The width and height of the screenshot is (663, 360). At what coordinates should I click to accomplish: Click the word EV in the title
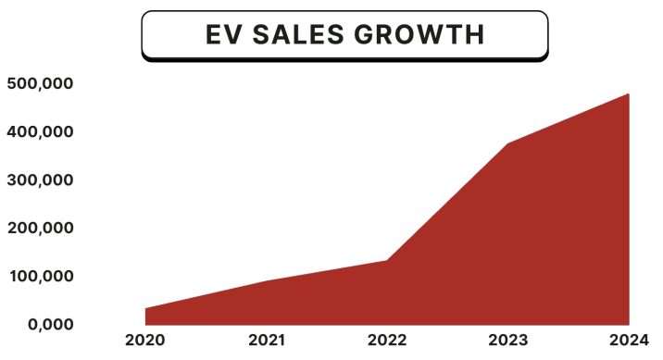point(223,35)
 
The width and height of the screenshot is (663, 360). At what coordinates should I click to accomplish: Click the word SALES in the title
point(299,35)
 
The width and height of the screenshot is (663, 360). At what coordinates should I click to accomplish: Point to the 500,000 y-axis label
point(40,83)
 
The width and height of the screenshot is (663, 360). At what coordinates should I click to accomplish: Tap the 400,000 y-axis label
point(40,131)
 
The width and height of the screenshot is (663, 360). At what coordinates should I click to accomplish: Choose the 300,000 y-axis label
point(40,180)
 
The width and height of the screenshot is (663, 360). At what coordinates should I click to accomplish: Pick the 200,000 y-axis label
point(40,228)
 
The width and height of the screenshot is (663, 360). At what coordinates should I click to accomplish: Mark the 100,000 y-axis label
point(40,276)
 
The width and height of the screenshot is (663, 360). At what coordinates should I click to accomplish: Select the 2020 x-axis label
point(144,340)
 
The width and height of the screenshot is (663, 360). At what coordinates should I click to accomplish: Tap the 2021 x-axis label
point(268,340)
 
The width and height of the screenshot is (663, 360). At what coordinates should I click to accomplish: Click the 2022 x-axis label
point(386,340)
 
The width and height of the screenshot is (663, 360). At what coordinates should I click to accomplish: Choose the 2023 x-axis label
point(508,340)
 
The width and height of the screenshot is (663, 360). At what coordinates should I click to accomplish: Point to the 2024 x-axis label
point(629,340)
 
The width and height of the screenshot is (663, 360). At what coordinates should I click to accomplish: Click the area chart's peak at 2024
point(629,94)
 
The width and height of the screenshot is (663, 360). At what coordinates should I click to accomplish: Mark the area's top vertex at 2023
point(508,143)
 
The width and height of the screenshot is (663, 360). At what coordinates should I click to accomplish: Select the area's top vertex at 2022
point(386,260)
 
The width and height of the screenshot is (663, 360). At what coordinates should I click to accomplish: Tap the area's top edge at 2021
point(268,280)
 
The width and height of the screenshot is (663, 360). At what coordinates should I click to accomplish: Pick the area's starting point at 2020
point(146,309)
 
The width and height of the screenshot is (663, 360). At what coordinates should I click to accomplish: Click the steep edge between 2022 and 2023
point(447,202)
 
